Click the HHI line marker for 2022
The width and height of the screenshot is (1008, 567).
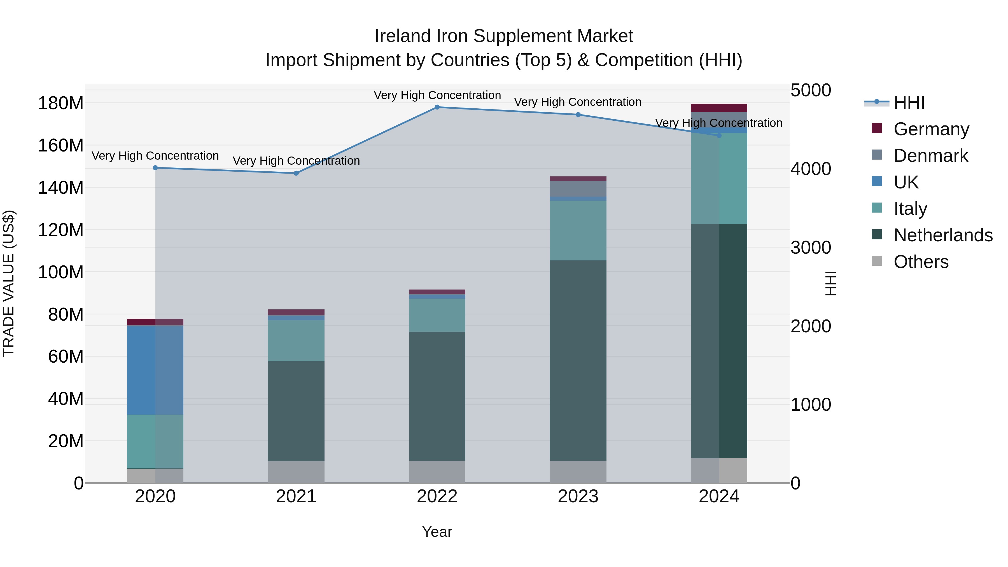(437, 107)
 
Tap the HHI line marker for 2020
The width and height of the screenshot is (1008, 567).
(155, 168)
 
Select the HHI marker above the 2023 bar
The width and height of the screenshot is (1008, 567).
(578, 115)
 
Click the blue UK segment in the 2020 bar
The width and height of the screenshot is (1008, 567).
(155, 370)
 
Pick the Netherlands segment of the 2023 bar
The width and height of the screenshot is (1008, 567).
(578, 360)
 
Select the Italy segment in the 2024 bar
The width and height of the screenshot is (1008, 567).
(719, 178)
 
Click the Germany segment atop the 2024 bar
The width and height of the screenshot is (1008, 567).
(719, 108)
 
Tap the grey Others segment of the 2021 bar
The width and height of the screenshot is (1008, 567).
(296, 472)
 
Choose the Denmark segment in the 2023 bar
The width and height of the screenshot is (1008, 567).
(578, 189)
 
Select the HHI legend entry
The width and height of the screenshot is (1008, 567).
(909, 102)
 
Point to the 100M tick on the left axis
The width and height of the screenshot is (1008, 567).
(61, 272)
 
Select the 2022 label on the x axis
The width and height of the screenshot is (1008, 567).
(437, 496)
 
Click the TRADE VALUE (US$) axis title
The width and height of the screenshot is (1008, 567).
(9, 283)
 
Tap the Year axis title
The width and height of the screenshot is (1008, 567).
(437, 532)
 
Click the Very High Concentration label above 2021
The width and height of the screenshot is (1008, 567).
(296, 161)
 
